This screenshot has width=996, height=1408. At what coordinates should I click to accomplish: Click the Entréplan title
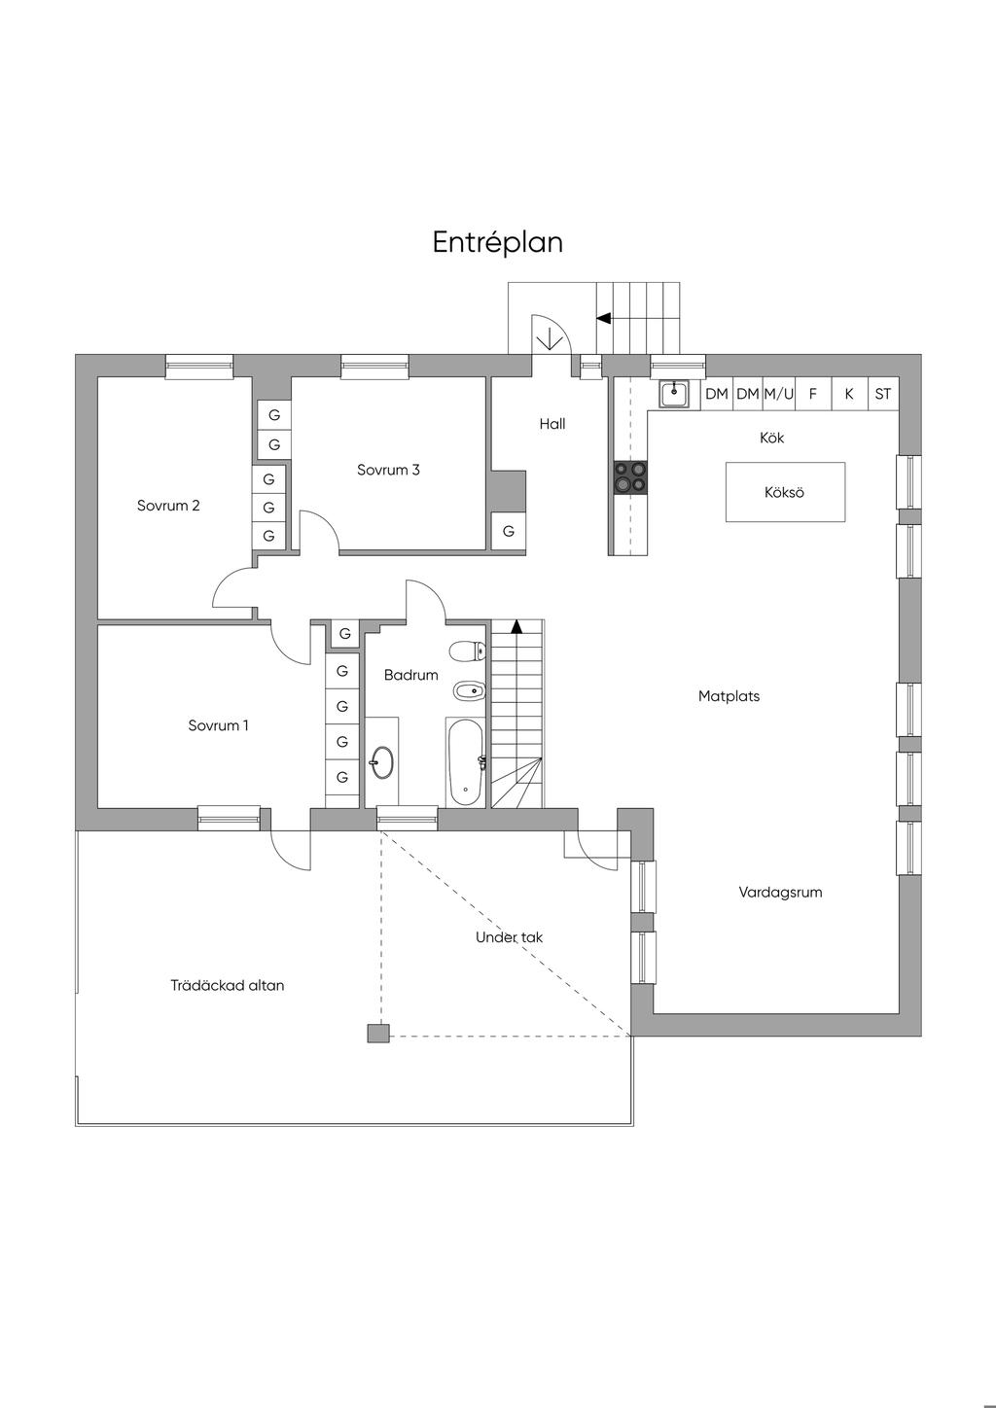[x=497, y=243]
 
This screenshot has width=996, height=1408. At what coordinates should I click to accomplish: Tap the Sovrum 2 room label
[x=168, y=506]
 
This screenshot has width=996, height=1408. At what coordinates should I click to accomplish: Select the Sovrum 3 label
[x=388, y=470]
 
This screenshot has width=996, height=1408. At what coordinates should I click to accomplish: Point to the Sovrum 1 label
[x=218, y=725]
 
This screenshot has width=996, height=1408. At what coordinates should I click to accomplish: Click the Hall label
[x=552, y=424]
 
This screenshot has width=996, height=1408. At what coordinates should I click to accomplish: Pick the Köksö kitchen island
[x=785, y=492]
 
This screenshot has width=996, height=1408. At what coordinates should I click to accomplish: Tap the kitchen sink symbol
[x=674, y=394]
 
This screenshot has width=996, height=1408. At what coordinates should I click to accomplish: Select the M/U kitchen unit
[x=778, y=394]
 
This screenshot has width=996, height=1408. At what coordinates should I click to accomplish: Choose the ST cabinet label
[x=883, y=394]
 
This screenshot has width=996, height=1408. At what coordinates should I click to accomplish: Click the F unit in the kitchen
[x=813, y=394]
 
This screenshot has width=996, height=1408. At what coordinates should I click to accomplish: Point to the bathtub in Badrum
[x=465, y=761]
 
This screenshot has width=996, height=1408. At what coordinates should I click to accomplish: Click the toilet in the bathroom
[x=468, y=651]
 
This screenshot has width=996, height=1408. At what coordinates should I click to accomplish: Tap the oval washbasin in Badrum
[x=381, y=763]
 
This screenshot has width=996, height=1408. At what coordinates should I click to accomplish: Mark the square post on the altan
[x=378, y=1034]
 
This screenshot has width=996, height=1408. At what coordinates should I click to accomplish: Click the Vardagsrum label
[x=780, y=893]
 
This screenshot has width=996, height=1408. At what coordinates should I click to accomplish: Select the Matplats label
[x=729, y=696]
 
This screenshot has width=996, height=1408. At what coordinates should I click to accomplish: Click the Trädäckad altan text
[x=227, y=986]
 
